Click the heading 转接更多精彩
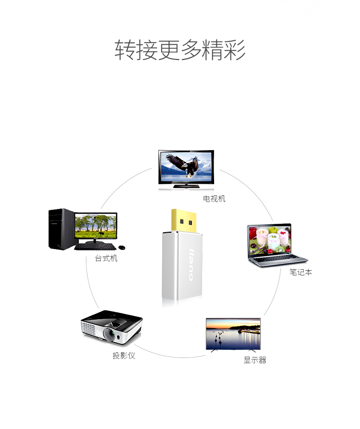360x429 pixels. pos(180,50)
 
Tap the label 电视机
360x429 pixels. pos(214,199)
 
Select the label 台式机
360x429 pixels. pos(106,259)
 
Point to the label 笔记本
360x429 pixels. pos(300,272)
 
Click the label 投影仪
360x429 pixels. pos(124,356)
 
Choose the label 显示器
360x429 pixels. pos(255,360)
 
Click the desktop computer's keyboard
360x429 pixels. pos(95,247)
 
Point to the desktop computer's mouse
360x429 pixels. pos(121,247)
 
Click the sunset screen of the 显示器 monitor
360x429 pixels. pos(233,333)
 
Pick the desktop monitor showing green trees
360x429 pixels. pos(96,226)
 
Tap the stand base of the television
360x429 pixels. pos(187,186)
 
